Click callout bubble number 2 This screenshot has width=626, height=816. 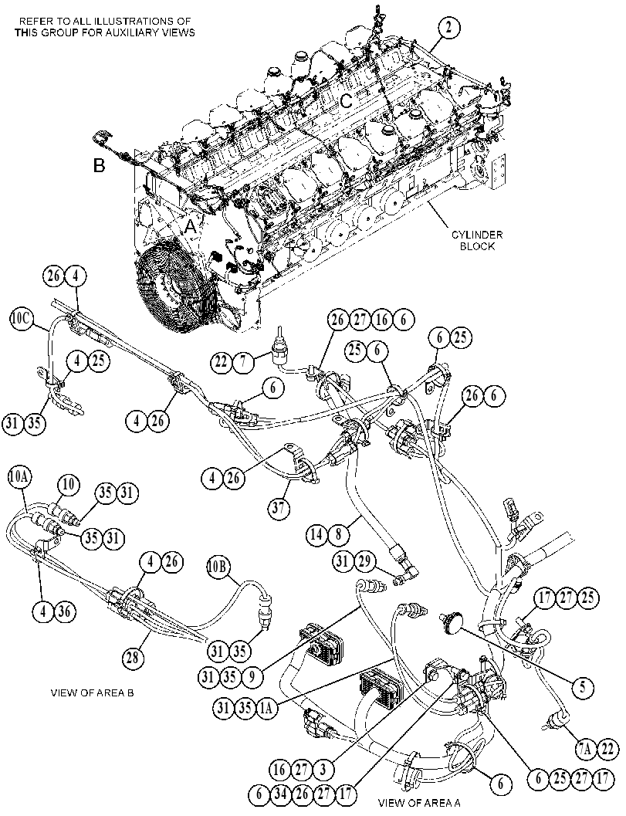click(449, 28)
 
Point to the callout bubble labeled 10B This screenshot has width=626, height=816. click(218, 567)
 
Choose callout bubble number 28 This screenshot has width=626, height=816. click(133, 658)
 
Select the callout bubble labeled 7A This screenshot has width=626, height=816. click(584, 750)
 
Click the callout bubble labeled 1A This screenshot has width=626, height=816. click(266, 707)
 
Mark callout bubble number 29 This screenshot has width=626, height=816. click(364, 561)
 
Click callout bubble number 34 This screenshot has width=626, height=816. click(280, 794)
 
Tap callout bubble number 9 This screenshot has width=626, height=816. click(252, 676)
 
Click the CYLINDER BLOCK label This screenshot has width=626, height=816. click(477, 240)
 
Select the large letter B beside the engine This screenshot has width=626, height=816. click(99, 165)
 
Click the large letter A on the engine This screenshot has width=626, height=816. click(191, 226)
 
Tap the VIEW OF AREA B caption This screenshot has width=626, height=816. click(92, 693)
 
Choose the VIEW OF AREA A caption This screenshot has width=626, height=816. click(419, 802)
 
